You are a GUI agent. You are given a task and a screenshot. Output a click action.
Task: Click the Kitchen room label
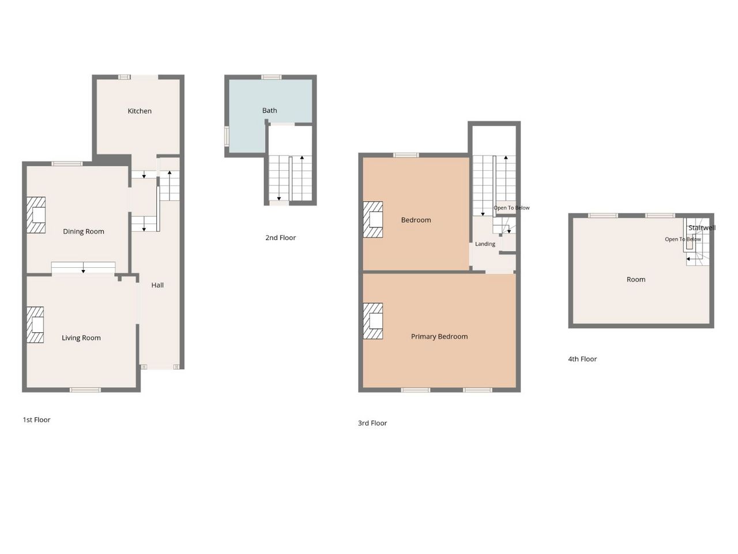pos(140,111)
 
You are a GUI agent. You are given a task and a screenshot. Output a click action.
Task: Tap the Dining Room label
pos(84,231)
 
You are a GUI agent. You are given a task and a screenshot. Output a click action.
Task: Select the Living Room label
pos(81,338)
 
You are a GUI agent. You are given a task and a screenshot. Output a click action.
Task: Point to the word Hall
pos(157,285)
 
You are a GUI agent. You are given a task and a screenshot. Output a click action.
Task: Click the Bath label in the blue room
pos(270,110)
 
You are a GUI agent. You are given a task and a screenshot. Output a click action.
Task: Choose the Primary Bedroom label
pos(439,336)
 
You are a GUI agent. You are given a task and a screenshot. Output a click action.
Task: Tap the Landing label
pos(485,244)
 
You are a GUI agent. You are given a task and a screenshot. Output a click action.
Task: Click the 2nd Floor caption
pos(280,238)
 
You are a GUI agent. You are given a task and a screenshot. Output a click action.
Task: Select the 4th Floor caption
pos(582,359)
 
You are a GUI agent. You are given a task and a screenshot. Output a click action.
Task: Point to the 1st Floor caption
pos(36,420)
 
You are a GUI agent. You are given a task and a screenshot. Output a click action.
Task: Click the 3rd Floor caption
pos(372,423)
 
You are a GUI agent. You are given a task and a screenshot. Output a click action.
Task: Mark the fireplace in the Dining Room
pos(36,215)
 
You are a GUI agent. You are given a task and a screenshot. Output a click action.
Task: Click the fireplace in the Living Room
pos(35,324)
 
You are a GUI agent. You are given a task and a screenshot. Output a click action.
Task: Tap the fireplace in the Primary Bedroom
pos(373,321)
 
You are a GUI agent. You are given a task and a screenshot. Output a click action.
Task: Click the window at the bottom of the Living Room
pos(85,390)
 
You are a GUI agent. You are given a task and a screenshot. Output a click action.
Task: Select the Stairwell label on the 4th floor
pos(702,228)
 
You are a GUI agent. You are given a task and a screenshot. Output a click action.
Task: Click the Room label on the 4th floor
pos(636,279)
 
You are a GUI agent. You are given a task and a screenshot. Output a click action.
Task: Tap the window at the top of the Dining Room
pos(67,164)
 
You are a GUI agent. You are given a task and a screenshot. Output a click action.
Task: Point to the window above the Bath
pos(272,77)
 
